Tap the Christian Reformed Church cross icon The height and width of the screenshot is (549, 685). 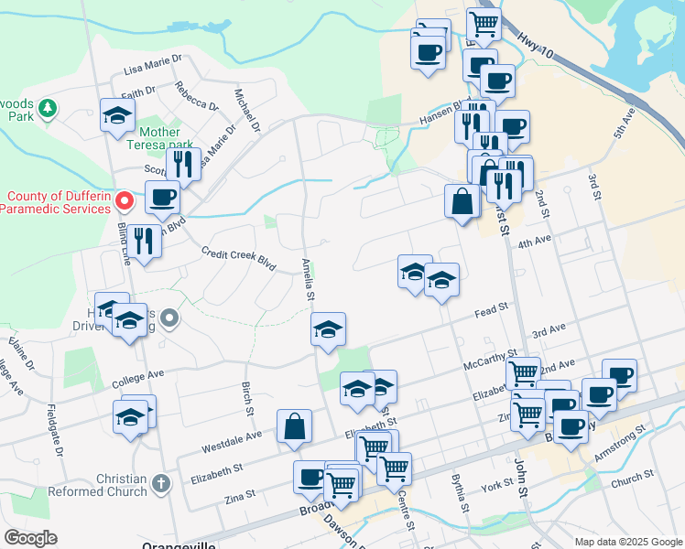tap(161, 482)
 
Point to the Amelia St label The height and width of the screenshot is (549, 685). tap(308, 279)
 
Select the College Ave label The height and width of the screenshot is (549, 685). tap(137, 375)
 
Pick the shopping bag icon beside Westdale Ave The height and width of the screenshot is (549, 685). tap(294, 426)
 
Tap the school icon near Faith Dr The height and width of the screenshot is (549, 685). tap(117, 115)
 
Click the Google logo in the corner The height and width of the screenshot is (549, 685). tap(30, 538)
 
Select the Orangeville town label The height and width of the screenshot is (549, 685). tap(179, 545)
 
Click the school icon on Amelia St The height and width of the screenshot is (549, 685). tap(328, 329)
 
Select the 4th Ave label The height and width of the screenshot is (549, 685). tap(535, 242)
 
